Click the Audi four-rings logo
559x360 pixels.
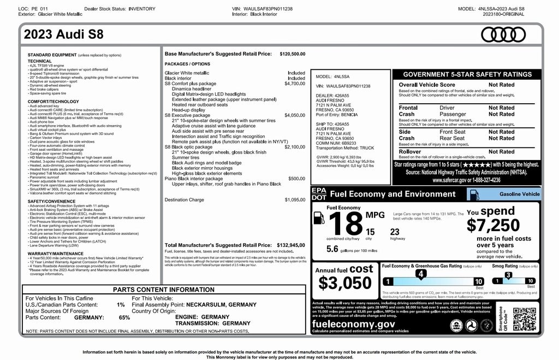[x=502, y=35]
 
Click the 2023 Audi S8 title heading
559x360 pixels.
[x=64, y=35]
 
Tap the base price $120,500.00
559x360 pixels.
[x=292, y=54]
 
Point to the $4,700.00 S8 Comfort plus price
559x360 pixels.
[x=295, y=84]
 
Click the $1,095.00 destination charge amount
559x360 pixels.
[x=295, y=200]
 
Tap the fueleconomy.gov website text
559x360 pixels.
[x=353, y=324]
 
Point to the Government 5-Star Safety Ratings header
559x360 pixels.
[x=467, y=74]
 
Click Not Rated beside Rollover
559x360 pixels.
[x=501, y=152]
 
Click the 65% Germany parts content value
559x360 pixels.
[x=124, y=317]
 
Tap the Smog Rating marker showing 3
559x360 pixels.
[x=508, y=275]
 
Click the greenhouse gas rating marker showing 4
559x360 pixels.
[x=420, y=273]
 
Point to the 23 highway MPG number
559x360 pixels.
[x=394, y=232]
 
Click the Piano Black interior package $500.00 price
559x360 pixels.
[x=296, y=179]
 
